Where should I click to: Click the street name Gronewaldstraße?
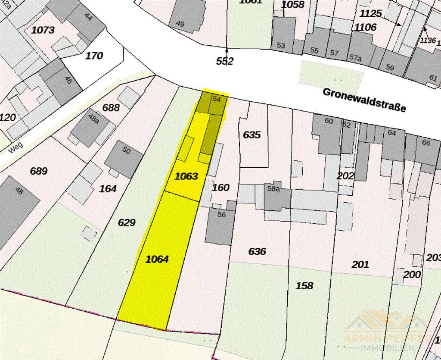(x=364, y=100)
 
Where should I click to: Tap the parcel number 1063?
(x=186, y=176)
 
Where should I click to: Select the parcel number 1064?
(x=157, y=259)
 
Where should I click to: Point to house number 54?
(x=217, y=99)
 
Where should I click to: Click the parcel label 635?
(x=252, y=135)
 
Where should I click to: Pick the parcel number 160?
(x=220, y=188)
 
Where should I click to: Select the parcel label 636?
(x=257, y=251)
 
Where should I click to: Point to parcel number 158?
(x=304, y=285)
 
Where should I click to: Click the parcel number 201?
(x=360, y=264)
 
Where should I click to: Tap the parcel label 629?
(x=127, y=222)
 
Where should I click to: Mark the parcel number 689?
(x=38, y=171)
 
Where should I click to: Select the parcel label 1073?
(x=43, y=30)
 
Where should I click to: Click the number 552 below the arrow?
(x=224, y=61)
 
